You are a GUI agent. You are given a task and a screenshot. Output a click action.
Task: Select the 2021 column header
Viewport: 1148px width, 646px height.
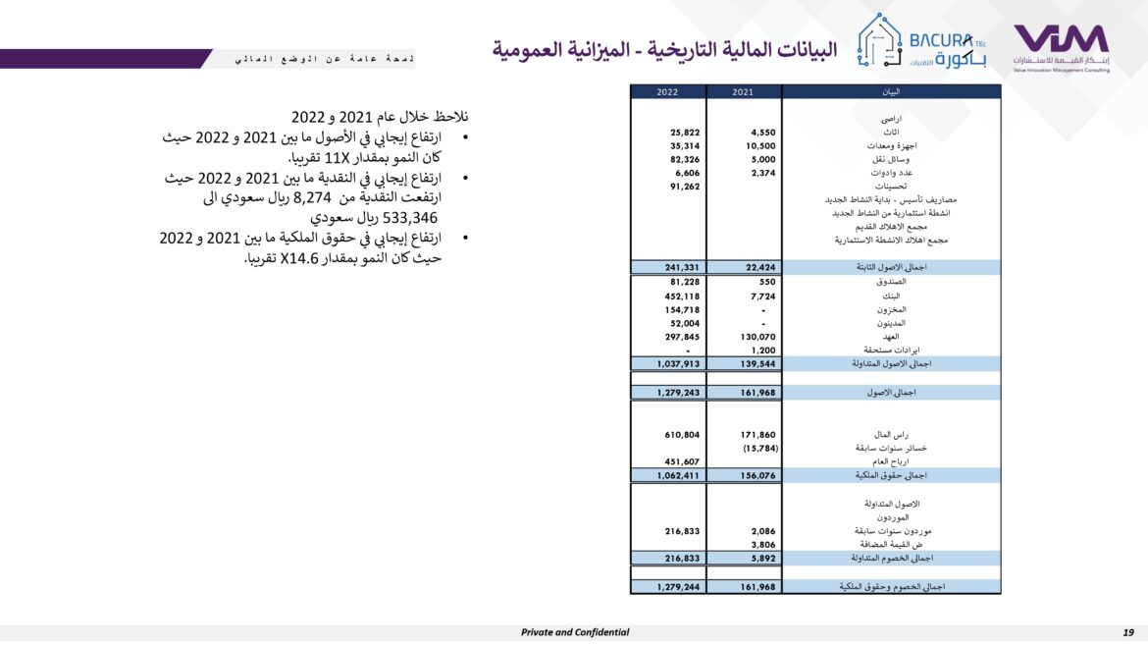point(744,91)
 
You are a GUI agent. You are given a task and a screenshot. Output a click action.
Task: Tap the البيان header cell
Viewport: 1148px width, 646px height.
point(891,91)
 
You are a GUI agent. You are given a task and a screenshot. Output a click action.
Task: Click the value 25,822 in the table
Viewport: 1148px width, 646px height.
point(684,132)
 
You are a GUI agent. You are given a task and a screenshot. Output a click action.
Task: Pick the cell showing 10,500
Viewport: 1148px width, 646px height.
point(759,145)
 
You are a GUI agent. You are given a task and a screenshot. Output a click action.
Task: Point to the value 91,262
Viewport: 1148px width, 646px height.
point(684,186)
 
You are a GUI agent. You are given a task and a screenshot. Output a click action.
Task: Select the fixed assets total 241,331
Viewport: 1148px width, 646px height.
point(681,266)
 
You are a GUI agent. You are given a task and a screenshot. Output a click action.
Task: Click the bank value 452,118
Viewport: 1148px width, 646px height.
point(682,296)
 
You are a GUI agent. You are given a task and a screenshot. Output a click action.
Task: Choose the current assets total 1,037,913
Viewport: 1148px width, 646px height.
point(678,363)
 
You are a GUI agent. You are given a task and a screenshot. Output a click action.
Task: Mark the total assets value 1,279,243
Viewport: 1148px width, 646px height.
point(678,393)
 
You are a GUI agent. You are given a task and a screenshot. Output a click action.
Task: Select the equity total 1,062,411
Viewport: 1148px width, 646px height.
point(678,475)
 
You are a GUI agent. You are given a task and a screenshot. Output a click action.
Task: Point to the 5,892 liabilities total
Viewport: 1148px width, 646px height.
point(762,558)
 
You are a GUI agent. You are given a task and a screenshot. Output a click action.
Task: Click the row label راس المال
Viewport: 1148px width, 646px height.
point(892,434)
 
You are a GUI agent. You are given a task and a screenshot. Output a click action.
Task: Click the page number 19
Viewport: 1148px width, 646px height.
point(1128,632)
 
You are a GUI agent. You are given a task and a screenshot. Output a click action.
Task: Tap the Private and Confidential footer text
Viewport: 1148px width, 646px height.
point(575,632)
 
